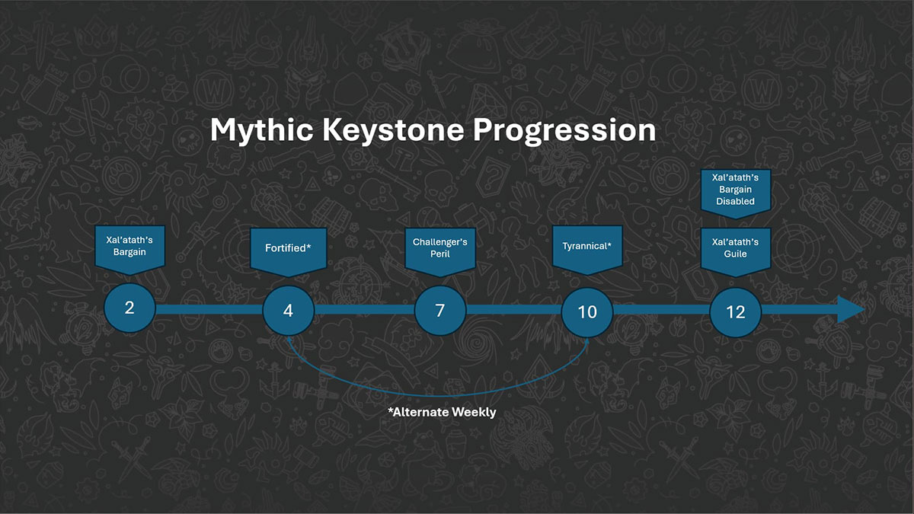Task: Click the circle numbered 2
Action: tap(129, 308)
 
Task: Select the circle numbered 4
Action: tap(288, 311)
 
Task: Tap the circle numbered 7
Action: tap(440, 311)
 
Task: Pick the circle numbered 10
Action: tap(587, 312)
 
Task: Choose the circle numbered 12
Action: tap(736, 312)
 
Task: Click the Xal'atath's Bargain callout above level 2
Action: tap(129, 246)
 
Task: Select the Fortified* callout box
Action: tap(288, 248)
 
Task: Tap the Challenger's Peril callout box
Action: tap(440, 248)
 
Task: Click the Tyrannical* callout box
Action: tap(587, 247)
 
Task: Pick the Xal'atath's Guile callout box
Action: tap(736, 247)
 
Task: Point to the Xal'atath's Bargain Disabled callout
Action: tap(736, 189)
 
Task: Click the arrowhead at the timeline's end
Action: tap(851, 310)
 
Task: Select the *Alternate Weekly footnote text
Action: tap(442, 412)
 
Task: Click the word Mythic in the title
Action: tap(261, 130)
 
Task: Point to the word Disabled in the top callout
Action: tap(736, 202)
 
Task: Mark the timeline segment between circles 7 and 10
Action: tap(513, 310)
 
